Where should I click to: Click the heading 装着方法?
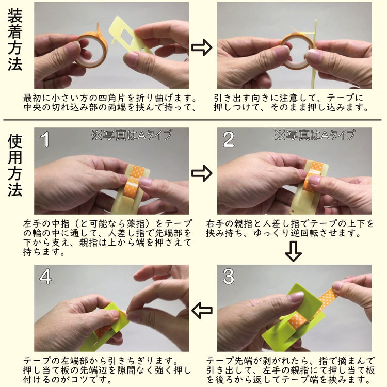pyautogui.click(x=15, y=40)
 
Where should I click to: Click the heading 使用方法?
pyautogui.click(x=15, y=165)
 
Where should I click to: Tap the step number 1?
pyautogui.click(x=45, y=139)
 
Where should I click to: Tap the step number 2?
pyautogui.click(x=229, y=139)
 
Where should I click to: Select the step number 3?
pyautogui.click(x=228, y=277)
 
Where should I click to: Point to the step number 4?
pyautogui.click(x=45, y=277)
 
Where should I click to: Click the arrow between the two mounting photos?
pyautogui.click(x=202, y=47)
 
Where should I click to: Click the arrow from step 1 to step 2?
pyautogui.click(x=202, y=173)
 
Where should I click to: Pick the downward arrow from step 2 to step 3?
pyautogui.click(x=293, y=251)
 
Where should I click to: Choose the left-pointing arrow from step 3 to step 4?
pyautogui.click(x=202, y=310)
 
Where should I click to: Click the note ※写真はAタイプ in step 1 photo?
pyautogui.click(x=132, y=135)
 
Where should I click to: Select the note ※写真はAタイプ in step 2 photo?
pyautogui.click(x=315, y=135)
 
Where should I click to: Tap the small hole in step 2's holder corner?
pyautogui.click(x=293, y=211)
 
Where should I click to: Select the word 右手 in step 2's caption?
pyautogui.click(x=215, y=224)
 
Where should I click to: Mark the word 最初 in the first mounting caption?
pyautogui.click(x=33, y=98)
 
